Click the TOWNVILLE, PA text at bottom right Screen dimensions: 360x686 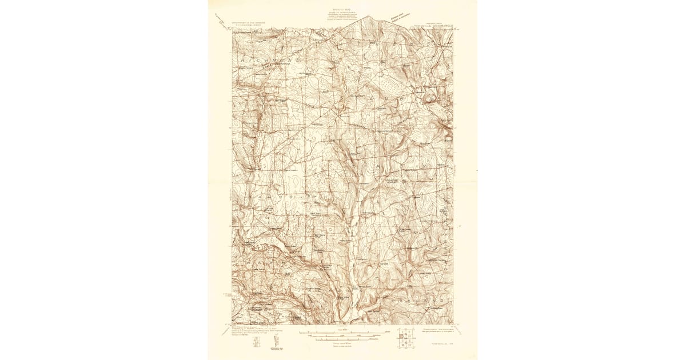coord(441,345)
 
